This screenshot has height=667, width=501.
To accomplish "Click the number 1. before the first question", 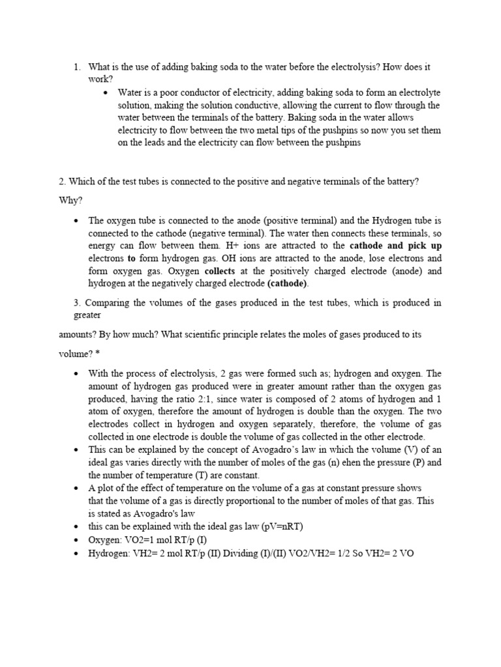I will [x=78, y=67].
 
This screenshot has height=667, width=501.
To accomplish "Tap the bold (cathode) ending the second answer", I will [x=289, y=284].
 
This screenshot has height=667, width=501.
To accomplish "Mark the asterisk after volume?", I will [x=99, y=353].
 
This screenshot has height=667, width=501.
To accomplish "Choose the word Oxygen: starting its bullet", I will [x=104, y=539].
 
